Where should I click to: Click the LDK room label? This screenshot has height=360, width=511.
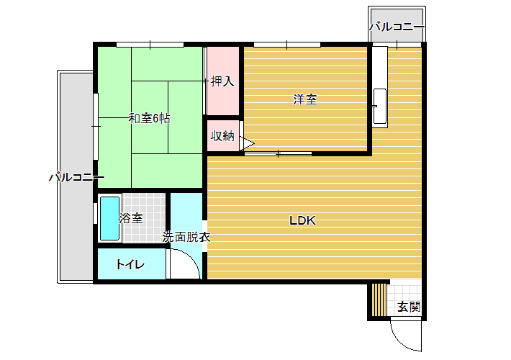[x=302, y=221]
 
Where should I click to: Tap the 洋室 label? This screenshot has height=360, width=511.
[x=305, y=99]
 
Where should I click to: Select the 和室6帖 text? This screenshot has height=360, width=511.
[x=149, y=118]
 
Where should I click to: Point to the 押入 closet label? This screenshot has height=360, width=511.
[x=222, y=81]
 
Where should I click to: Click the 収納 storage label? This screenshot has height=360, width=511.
[x=222, y=135]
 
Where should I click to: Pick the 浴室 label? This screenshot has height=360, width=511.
[x=131, y=218]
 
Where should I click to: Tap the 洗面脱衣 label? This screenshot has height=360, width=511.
[x=186, y=237]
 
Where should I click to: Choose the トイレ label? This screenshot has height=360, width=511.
[x=130, y=264]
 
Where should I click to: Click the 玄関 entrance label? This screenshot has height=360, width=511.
[x=409, y=307]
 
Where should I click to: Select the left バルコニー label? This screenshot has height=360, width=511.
[x=77, y=177]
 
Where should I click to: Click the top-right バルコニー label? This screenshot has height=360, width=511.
[x=397, y=27]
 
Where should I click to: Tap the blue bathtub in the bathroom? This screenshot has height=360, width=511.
[x=109, y=218]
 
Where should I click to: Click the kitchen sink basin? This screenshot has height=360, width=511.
[x=380, y=107]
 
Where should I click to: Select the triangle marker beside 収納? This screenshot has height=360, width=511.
[x=247, y=143]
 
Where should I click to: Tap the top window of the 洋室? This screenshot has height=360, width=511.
[x=287, y=45]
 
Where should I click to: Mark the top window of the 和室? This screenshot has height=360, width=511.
[x=150, y=45]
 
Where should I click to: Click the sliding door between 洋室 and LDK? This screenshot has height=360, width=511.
[x=278, y=153]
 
